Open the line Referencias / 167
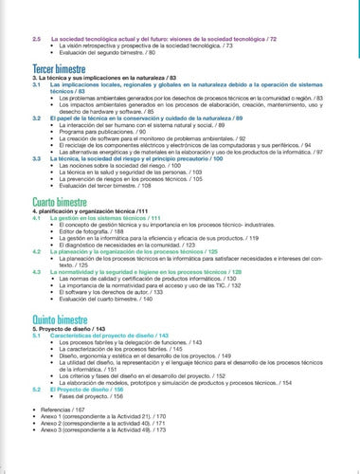click(x=62, y=382)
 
